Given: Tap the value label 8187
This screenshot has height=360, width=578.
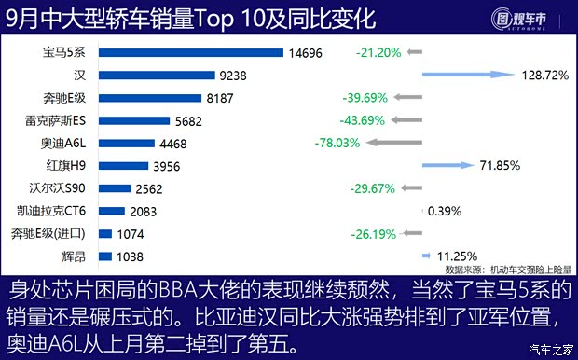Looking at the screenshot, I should (x=221, y=98).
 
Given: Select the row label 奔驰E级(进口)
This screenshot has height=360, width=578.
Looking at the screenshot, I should (x=51, y=233).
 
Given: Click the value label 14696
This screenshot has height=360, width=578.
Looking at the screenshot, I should (x=305, y=53).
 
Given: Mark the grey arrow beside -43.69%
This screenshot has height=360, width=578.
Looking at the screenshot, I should (x=405, y=120).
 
